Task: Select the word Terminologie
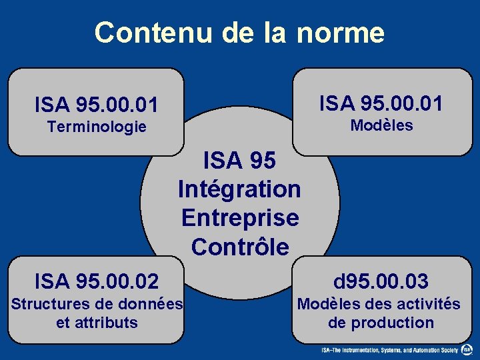[97, 127]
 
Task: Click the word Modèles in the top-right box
[382, 125]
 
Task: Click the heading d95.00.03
[381, 281]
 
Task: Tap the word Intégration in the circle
[239, 189]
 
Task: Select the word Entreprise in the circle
[239, 218]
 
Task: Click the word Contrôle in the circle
[239, 247]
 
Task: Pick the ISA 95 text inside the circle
[239, 161]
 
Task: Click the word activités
[429, 305]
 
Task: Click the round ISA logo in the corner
[468, 349]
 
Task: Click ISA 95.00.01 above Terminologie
[97, 105]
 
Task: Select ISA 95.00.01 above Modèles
[381, 103]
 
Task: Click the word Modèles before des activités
[325, 305]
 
